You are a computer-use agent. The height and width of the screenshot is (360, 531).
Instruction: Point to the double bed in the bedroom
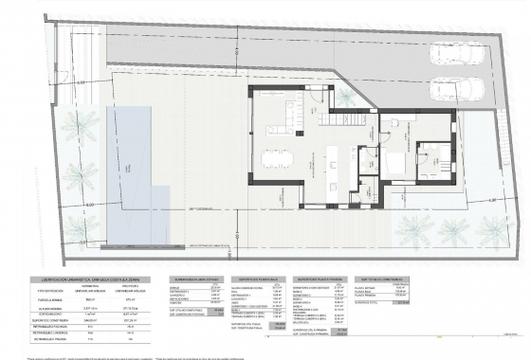pos(392,163)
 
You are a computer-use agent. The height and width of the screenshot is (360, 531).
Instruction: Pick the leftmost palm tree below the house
pos(412,228)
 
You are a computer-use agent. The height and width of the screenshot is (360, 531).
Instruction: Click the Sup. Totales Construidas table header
pos(378,280)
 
